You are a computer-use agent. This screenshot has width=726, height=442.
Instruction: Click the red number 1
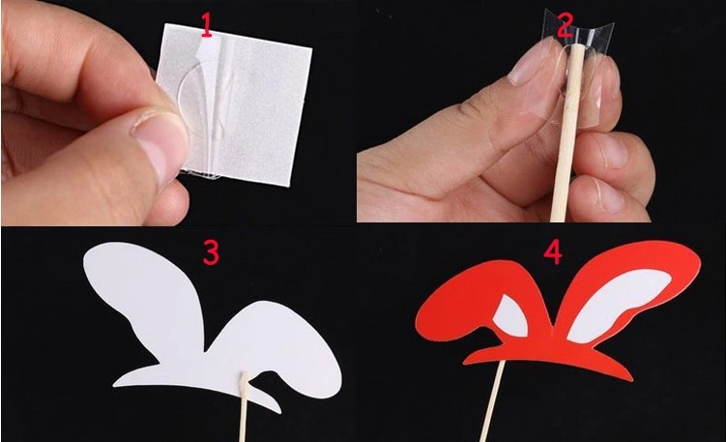point(207,24)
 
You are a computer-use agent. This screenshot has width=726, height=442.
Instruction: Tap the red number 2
point(565,24)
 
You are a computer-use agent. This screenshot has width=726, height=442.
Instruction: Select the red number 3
point(211,253)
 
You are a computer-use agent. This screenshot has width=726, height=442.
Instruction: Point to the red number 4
point(553,253)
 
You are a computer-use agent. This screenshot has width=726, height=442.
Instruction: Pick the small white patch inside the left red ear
point(509,317)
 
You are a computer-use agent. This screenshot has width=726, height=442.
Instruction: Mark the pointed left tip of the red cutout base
point(463,363)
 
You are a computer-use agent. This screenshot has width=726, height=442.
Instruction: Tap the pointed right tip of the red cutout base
point(631,379)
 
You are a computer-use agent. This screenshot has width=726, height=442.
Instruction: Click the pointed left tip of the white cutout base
point(114,385)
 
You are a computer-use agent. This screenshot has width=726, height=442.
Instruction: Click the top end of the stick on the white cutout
point(244,372)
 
